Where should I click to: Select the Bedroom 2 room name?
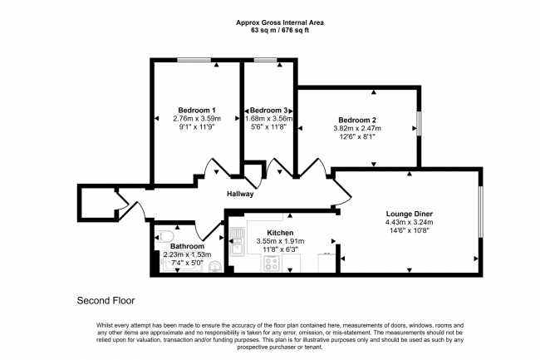coord(357,119)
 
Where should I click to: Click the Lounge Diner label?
coord(410,214)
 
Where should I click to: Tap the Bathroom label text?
coord(187,246)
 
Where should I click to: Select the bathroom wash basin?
coord(214,267)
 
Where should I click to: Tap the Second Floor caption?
coord(106,300)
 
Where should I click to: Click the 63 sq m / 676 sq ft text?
coord(269,30)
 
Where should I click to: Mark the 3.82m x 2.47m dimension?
coord(357,128)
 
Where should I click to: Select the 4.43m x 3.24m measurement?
coord(410,222)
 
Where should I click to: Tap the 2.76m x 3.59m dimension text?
coord(197,119)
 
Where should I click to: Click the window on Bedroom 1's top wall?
coord(192,59)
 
